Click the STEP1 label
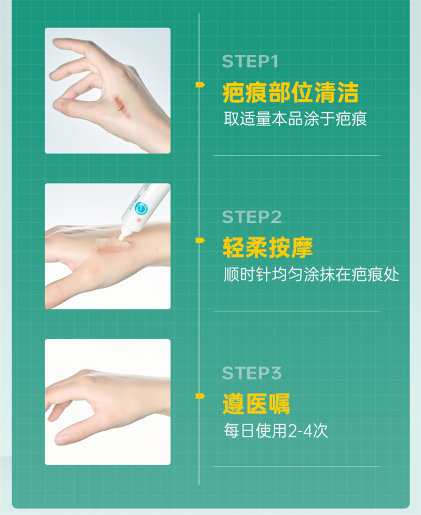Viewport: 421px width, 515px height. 250,62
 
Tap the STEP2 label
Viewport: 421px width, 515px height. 252,217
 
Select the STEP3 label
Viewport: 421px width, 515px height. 252,373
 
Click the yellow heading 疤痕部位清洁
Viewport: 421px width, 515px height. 290,92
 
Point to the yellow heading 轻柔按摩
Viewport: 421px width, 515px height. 268,247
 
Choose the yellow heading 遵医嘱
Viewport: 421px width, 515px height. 256,404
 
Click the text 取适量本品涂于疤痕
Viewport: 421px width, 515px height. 295,118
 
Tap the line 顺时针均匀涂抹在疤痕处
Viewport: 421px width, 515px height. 311,274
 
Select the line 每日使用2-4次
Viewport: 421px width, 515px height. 276,430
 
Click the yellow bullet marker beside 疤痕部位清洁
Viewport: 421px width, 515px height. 200,85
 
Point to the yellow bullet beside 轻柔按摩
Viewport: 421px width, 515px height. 200,241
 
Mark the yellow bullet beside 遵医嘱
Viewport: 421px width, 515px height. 200,397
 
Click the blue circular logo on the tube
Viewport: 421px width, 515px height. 142,208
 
